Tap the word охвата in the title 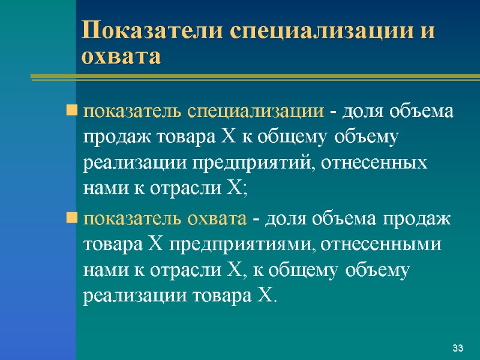pos(122,57)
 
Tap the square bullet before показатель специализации pos(72,112)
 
